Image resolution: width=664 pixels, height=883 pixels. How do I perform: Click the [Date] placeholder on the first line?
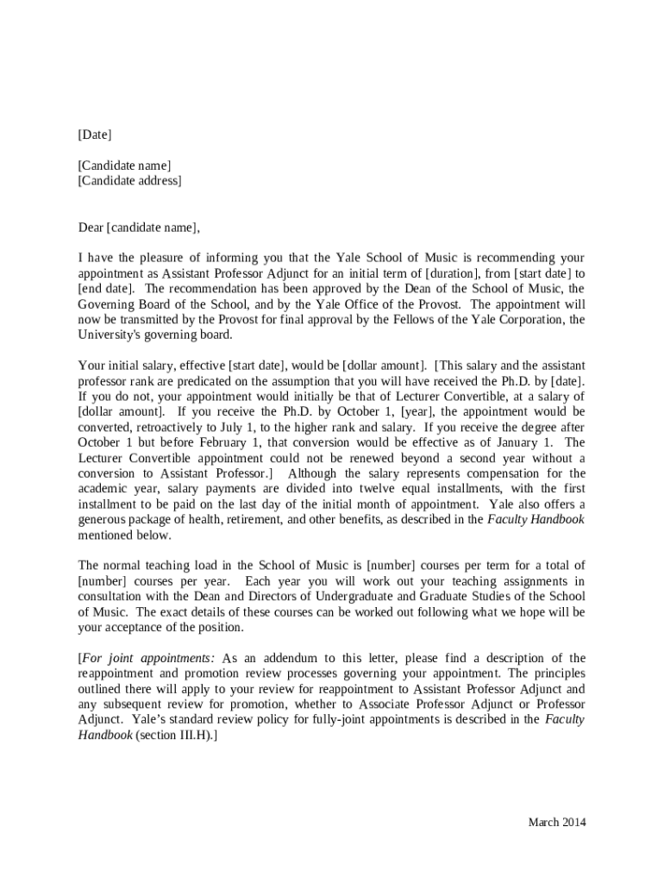(x=95, y=135)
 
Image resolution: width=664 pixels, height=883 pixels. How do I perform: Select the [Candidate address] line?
(x=129, y=180)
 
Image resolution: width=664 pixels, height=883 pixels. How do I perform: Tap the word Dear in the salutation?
(x=91, y=228)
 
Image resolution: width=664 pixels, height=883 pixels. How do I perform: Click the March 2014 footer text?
(x=557, y=822)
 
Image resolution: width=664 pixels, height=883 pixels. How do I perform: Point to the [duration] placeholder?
(x=442, y=273)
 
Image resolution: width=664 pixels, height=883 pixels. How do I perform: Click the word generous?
(x=104, y=520)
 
